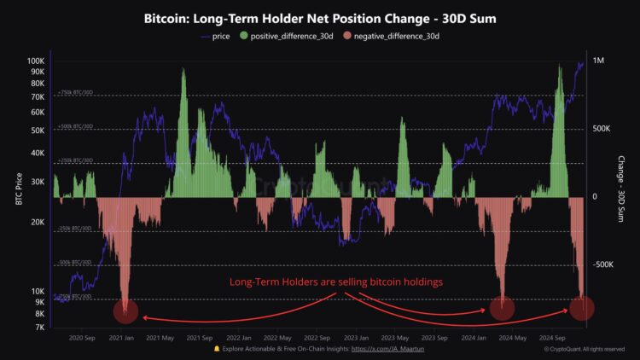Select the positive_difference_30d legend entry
click(291, 37)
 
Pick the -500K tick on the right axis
click(602, 264)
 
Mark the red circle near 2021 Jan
click(125, 311)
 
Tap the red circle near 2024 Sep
click(581, 308)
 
